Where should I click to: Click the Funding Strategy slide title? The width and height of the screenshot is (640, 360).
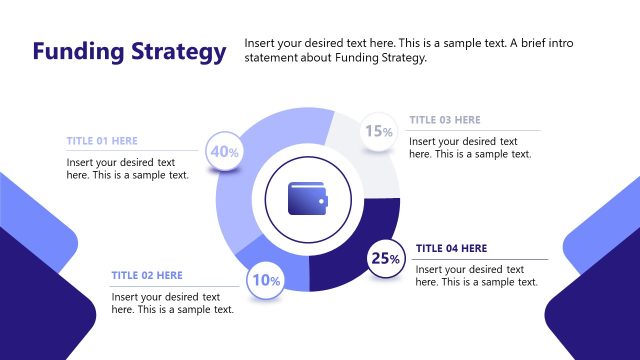click(x=129, y=51)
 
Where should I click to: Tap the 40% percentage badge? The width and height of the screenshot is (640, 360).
click(x=223, y=152)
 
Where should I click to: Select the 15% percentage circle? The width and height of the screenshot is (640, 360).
click(x=378, y=131)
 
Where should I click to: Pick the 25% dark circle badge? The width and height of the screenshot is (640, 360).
click(x=385, y=258)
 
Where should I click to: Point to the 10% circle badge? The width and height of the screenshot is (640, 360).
click(x=265, y=280)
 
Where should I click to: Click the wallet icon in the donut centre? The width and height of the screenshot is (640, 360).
click(x=307, y=198)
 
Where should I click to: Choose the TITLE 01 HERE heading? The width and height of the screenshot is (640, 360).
click(x=102, y=141)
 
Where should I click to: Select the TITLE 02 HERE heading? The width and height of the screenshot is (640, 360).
click(x=147, y=275)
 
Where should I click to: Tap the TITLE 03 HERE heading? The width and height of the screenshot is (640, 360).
click(x=444, y=120)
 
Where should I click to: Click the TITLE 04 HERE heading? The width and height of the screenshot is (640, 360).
click(x=451, y=248)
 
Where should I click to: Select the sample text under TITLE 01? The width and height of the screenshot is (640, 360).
click(x=127, y=168)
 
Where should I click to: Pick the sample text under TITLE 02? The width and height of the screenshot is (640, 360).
click(x=172, y=303)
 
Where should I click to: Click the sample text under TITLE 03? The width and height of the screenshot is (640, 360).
click(x=470, y=147)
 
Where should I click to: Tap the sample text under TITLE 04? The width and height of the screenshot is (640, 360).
click(x=476, y=276)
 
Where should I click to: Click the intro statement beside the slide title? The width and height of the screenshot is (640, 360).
click(x=409, y=51)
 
